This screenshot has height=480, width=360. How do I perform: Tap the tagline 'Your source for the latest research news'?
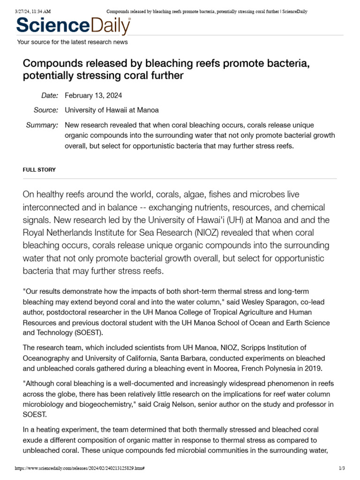(72, 42)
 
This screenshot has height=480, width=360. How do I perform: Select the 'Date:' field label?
(49, 96)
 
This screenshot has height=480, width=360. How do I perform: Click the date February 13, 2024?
(93, 96)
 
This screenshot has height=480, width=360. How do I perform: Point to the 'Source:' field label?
(46, 110)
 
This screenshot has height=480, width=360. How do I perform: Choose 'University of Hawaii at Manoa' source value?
(112, 110)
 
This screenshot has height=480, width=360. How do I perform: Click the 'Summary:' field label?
(43, 125)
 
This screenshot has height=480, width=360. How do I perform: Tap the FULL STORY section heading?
(39, 170)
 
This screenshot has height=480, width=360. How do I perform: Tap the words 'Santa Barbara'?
(204, 358)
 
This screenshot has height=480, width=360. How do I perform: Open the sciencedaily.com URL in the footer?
(80, 468)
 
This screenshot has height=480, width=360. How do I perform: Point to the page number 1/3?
(341, 468)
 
